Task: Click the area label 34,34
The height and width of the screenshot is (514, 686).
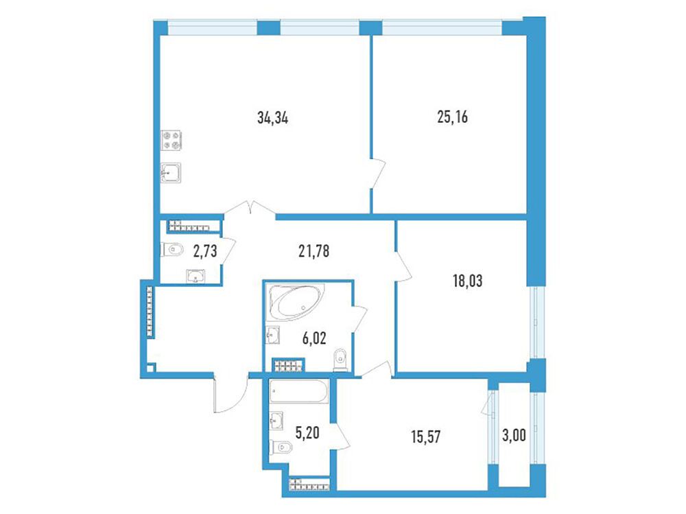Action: pyautogui.click(x=272, y=118)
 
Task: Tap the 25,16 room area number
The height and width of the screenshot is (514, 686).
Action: pyautogui.click(x=452, y=117)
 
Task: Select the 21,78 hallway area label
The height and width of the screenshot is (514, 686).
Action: pyautogui.click(x=314, y=251)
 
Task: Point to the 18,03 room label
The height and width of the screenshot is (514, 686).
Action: pyautogui.click(x=467, y=281)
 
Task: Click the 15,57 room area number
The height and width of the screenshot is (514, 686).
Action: pyautogui.click(x=426, y=436)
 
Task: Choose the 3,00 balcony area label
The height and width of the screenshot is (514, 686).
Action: pyautogui.click(x=514, y=436)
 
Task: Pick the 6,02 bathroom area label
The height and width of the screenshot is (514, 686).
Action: pyautogui.click(x=314, y=338)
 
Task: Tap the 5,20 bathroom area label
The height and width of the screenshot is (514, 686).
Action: pyautogui.click(x=307, y=433)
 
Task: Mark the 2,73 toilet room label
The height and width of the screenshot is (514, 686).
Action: pyautogui.click(x=204, y=251)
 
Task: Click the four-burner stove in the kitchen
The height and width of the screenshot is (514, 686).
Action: pyautogui.click(x=171, y=141)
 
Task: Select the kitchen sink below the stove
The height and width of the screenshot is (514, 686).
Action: pyautogui.click(x=171, y=173)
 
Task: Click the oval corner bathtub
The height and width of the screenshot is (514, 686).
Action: pyautogui.click(x=296, y=303)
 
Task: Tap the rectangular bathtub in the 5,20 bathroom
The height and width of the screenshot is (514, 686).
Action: pyautogui.click(x=299, y=391)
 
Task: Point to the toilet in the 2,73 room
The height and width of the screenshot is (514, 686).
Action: pyautogui.click(x=172, y=250)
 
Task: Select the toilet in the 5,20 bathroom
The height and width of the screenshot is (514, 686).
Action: pyautogui.click(x=281, y=447)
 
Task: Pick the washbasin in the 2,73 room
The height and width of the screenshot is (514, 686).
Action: pyautogui.click(x=195, y=277)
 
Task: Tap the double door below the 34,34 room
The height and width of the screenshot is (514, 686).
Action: pyautogui.click(x=250, y=207)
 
